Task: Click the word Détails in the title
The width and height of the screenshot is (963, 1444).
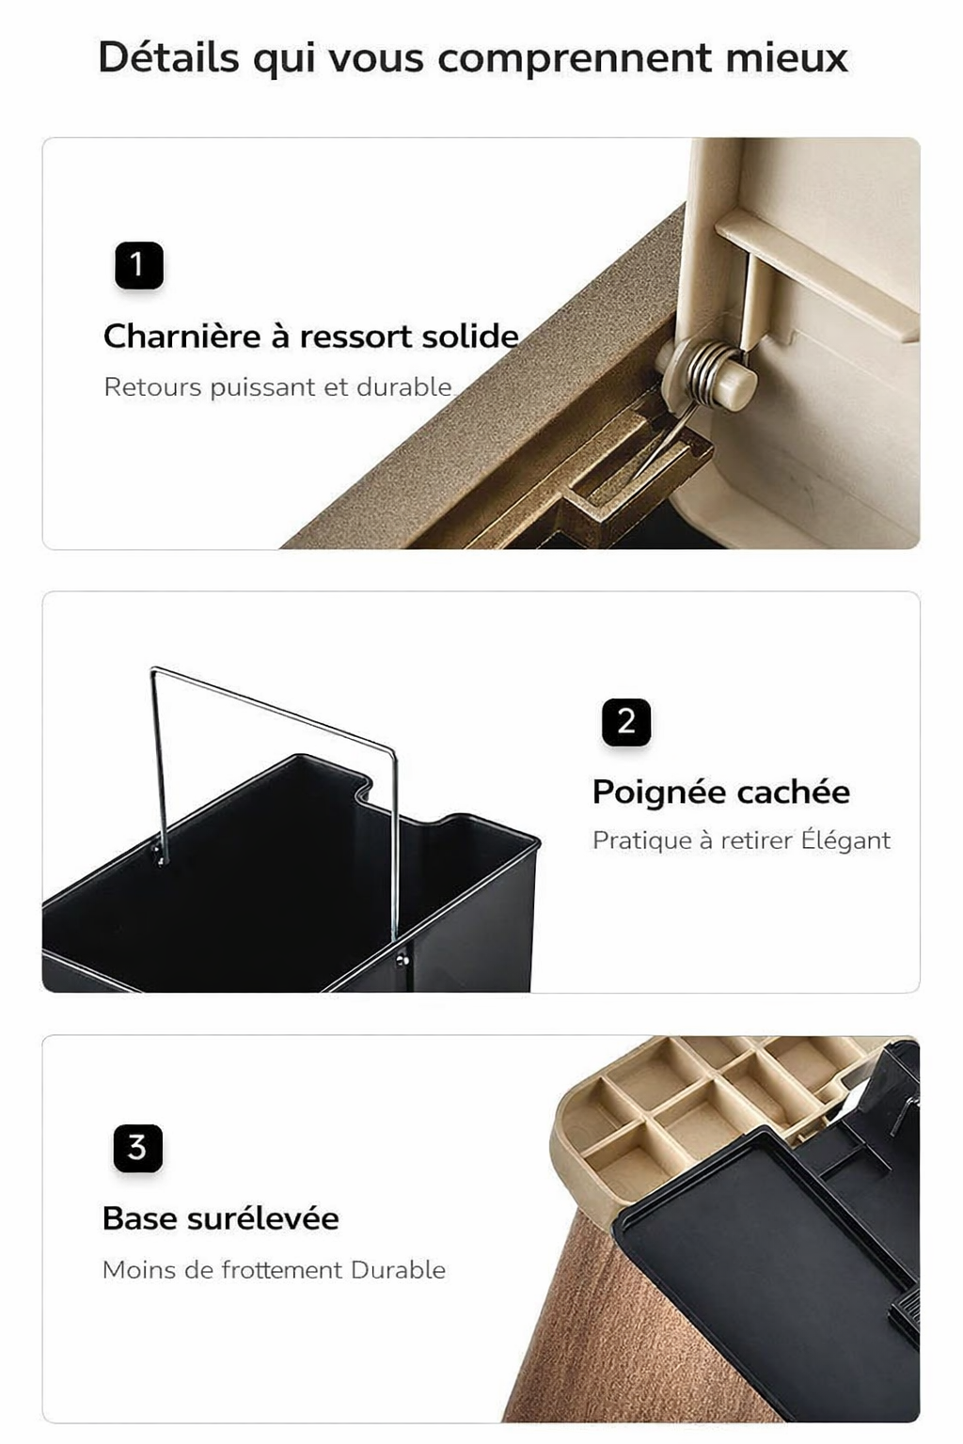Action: [168, 57]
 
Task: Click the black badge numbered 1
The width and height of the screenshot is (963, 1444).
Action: [139, 265]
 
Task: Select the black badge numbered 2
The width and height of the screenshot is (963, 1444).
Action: [626, 722]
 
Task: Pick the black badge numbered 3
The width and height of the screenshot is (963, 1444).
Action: [138, 1148]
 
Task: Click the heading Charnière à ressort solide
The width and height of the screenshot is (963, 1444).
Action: [310, 337]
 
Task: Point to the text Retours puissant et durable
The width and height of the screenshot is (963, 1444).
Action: [277, 387]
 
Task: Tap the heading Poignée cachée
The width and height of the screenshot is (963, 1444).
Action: [720, 793]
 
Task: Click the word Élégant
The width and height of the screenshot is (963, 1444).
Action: [845, 840]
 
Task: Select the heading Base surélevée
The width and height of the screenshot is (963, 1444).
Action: [220, 1218]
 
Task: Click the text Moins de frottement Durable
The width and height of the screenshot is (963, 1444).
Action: [274, 1270]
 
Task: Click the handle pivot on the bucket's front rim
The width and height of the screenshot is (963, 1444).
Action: [403, 959]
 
